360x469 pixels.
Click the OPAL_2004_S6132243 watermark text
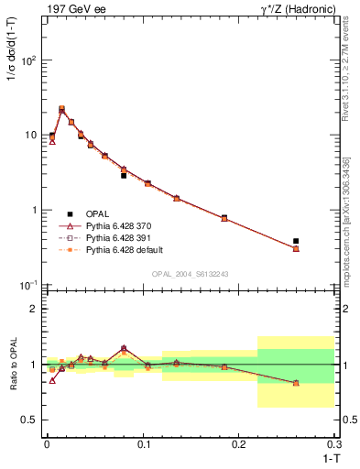click(x=190, y=274)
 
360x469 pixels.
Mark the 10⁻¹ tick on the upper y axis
click(x=28, y=285)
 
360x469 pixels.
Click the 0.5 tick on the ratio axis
click(x=31, y=420)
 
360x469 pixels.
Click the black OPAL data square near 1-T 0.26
click(x=296, y=241)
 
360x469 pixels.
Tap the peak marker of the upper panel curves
click(x=61, y=109)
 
